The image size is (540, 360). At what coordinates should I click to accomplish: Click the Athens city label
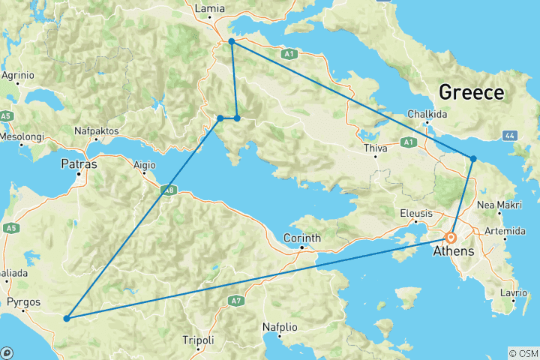[x=453, y=251]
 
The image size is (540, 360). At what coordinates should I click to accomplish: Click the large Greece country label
[x=471, y=93]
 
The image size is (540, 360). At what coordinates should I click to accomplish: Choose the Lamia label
[x=208, y=9]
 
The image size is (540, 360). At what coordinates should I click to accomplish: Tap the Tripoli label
[x=198, y=340]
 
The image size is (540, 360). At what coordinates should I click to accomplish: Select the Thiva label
[x=375, y=148]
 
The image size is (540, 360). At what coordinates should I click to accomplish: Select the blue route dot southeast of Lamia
[x=232, y=42]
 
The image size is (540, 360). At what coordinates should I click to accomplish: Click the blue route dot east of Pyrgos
[x=67, y=319]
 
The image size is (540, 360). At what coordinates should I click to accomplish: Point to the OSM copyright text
[x=523, y=352]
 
